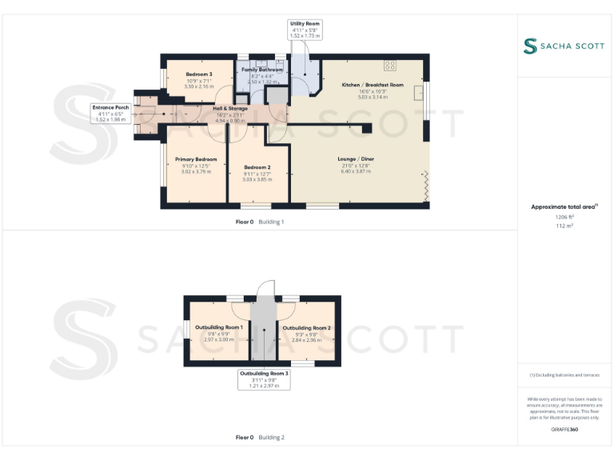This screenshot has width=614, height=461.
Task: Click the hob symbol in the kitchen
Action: pos(390,66)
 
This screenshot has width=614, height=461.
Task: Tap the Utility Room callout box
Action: pos(305,30)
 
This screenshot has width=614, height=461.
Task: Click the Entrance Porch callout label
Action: pos(111,113)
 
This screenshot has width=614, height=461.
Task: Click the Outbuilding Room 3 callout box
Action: pos(264,379)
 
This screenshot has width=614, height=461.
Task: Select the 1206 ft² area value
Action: pos(564,217)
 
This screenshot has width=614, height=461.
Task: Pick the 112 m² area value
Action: pos(564,226)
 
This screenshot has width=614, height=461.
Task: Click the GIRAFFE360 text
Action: pos(564,430)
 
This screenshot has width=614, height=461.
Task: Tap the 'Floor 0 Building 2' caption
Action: pos(260,438)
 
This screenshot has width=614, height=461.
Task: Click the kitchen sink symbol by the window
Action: pos(418,94)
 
